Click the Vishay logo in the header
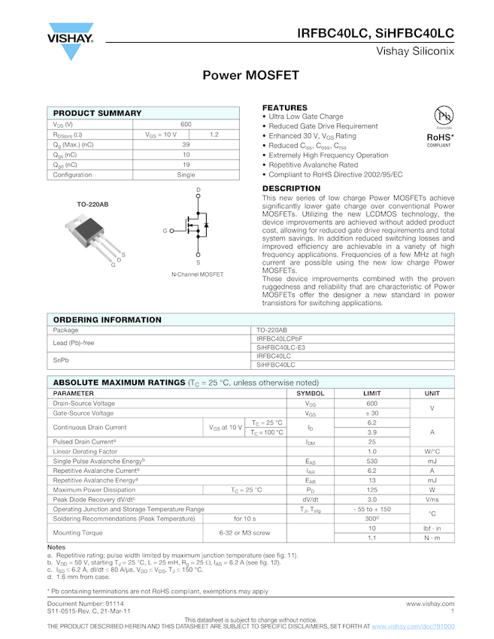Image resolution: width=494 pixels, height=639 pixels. [x=71, y=42]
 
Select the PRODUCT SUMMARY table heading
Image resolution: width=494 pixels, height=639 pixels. [x=97, y=113]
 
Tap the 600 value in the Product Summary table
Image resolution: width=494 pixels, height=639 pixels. [x=186, y=124]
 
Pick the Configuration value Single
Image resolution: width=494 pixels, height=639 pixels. [x=186, y=174]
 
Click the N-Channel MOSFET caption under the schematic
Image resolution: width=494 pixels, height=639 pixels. [x=197, y=274]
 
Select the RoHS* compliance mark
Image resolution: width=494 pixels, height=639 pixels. [x=440, y=138]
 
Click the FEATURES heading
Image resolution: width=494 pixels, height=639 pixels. [x=284, y=108]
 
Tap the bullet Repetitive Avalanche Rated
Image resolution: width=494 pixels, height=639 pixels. [x=314, y=165]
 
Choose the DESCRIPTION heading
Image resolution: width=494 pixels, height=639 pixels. [x=291, y=189]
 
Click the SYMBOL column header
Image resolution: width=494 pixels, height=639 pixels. [x=310, y=393]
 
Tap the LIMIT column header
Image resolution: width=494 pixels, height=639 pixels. [x=371, y=393]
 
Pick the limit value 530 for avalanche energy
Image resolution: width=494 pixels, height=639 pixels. [x=371, y=461]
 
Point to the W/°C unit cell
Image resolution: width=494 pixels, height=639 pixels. [x=432, y=451]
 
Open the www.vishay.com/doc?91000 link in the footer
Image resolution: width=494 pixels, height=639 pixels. [x=413, y=626]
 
